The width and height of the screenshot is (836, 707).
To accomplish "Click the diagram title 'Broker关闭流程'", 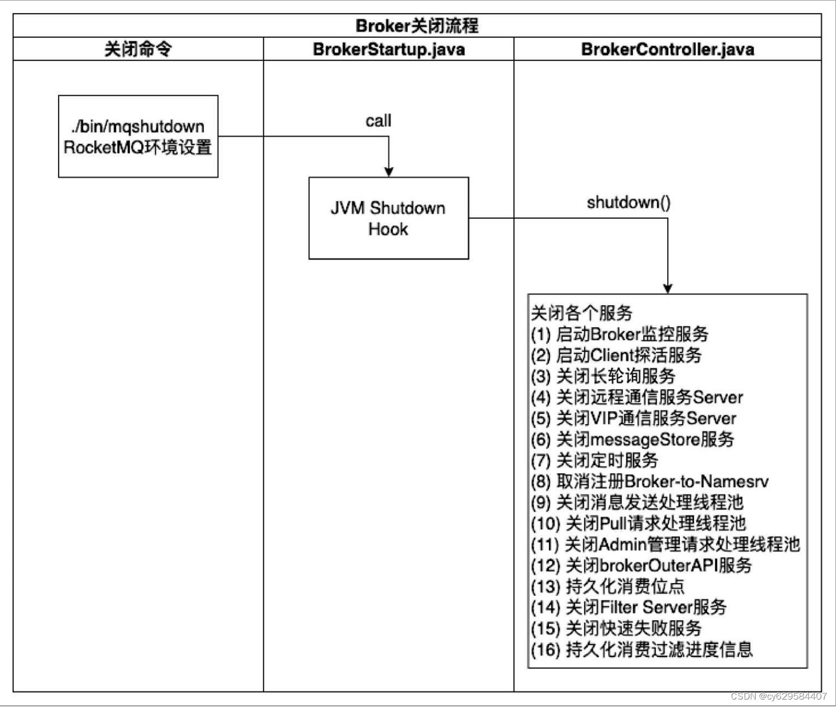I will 417,26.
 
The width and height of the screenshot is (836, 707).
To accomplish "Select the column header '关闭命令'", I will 138,49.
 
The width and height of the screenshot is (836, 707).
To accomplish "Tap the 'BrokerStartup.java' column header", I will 389,49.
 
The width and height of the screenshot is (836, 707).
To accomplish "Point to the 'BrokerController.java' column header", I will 667,49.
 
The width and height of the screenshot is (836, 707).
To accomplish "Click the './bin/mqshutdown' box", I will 138,137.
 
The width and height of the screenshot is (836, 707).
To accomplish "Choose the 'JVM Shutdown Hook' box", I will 388,218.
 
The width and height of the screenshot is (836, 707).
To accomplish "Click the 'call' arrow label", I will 378,121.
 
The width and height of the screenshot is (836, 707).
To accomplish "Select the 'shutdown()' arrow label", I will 628,203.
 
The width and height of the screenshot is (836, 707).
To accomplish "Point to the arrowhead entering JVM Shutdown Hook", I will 389,172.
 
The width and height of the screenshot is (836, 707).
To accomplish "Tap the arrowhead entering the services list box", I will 667,288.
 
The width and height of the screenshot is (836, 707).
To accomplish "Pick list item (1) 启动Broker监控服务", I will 620,334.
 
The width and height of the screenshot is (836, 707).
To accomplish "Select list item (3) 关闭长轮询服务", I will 603,376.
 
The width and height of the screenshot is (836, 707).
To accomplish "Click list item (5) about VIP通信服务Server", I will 633,418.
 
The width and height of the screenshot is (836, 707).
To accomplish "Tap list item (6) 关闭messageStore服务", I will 632,440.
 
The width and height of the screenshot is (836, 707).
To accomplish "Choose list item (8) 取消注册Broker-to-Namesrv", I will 649,481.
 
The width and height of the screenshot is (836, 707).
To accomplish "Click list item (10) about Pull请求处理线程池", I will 638,523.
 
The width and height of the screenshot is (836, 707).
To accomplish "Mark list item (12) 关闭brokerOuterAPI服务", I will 641,565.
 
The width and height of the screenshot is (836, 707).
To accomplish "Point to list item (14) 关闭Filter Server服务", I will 629,607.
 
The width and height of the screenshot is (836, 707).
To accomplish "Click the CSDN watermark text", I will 779,696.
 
